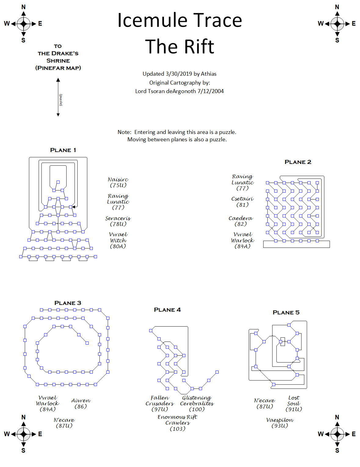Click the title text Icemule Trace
[180, 20]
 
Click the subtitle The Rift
[180, 47]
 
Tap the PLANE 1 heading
[63, 150]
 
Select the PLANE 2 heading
[298, 162]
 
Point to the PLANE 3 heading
[67, 303]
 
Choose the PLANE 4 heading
[167, 310]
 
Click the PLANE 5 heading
[286, 313]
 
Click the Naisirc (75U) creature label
[118, 182]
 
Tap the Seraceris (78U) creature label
[118, 221]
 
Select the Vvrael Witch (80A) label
[118, 240]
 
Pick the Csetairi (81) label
[242, 202]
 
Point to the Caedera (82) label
[241, 221]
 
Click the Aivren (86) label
[81, 403]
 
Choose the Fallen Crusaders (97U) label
[159, 403]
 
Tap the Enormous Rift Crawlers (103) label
[177, 423]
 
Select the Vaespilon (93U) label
[280, 423]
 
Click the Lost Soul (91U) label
[293, 403]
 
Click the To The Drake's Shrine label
[58, 57]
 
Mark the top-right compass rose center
[337, 24]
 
